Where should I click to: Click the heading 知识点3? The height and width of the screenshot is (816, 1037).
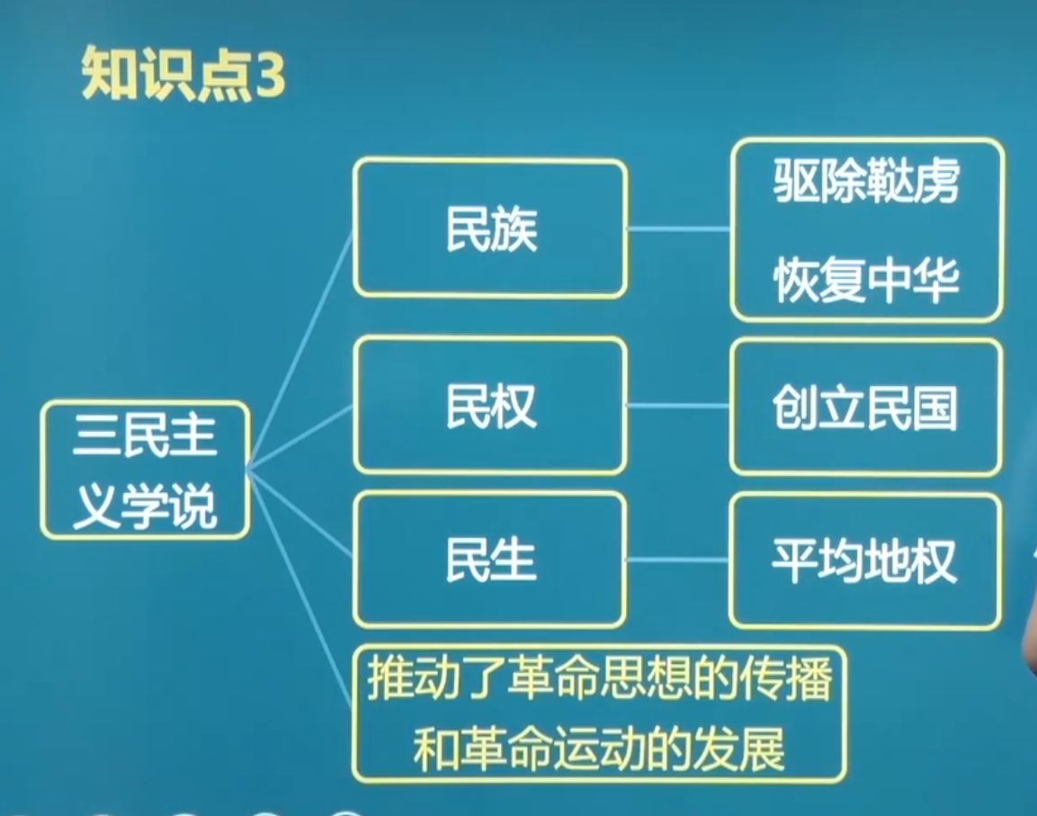point(183,74)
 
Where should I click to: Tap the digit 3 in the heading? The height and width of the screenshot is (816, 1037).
point(269,75)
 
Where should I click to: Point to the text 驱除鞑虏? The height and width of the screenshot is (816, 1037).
point(866,181)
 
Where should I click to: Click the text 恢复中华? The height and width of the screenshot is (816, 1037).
point(866,279)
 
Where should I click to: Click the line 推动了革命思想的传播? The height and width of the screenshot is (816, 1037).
point(599,678)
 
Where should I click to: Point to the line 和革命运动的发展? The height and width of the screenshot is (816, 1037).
point(599,749)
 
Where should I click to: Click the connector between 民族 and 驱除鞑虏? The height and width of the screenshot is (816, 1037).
point(678,229)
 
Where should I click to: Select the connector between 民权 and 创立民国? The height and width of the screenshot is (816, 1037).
point(678,406)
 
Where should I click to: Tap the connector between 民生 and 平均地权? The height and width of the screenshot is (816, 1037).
point(678,560)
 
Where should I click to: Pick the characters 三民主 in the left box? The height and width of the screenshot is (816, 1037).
point(145,435)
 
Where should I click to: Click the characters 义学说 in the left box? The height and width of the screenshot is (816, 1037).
point(145,507)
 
